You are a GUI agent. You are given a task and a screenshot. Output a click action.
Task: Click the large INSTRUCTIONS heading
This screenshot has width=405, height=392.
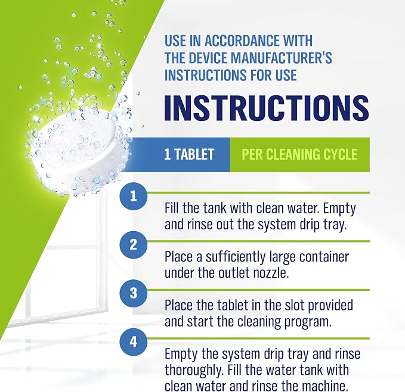point(267,108)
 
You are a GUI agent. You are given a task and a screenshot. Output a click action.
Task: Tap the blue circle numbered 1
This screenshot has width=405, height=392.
point(133,196)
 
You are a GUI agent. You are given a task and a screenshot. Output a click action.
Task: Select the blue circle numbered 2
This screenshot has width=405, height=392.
point(133,245)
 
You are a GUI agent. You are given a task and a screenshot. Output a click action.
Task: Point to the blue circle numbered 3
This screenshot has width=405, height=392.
point(133,293)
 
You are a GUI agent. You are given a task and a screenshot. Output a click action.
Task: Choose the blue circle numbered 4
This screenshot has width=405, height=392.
point(133,342)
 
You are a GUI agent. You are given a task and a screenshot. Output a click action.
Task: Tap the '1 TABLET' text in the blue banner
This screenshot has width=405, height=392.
point(189,154)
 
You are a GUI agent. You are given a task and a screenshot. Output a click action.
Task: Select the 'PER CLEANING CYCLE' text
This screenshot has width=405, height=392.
point(299,154)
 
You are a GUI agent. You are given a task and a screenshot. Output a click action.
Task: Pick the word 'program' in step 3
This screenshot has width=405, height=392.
point(308,322)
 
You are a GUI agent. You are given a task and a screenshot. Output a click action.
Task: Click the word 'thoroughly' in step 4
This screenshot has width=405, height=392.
point(193,371)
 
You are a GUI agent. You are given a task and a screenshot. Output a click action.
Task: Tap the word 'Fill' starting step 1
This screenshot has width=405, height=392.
point(172,208)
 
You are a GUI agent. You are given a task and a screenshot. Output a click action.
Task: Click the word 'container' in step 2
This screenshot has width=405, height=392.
point(322,257)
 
